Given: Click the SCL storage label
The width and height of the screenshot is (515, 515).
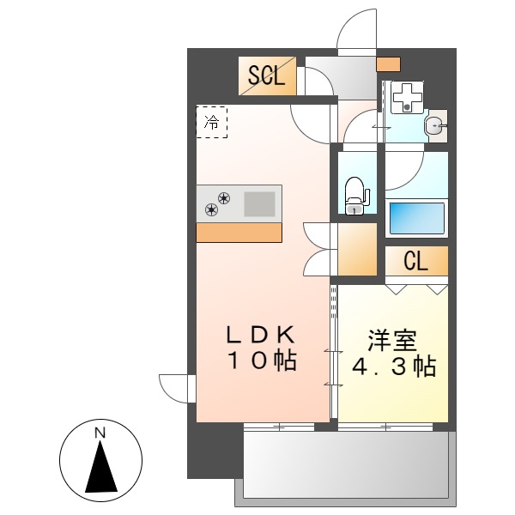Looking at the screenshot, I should pos(267,76).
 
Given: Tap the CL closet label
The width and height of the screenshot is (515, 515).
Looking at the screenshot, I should pos(416,262).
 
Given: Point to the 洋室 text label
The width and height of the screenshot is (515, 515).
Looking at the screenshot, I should pos(393,340).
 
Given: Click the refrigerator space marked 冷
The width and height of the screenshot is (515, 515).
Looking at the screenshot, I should pos(212,121).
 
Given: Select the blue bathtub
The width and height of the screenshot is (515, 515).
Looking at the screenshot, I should pos(416,217).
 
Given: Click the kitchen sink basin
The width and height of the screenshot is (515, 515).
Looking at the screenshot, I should pos(261,203).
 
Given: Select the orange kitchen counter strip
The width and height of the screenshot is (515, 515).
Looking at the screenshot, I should pos(239,233).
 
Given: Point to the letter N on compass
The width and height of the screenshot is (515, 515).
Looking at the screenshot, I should pos(100,433).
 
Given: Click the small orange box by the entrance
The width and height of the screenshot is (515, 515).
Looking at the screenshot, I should pos(389,64).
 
